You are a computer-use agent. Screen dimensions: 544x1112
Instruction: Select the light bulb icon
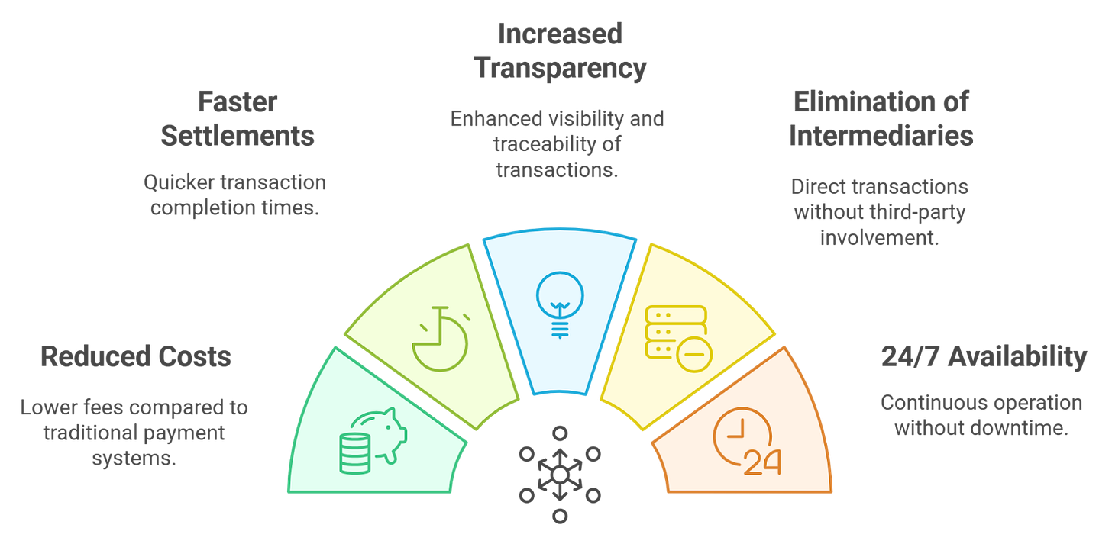tap(560, 301)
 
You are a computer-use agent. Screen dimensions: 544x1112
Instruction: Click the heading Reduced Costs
tap(134, 356)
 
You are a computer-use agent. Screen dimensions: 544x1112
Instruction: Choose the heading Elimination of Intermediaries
tap(881, 117)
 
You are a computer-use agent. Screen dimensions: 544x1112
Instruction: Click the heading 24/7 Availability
tap(984, 356)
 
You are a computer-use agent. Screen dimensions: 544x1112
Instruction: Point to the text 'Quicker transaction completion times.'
tap(234, 194)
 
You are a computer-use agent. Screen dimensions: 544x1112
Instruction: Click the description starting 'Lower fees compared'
tap(134, 433)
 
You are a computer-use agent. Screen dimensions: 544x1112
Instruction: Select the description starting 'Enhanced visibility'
tap(557, 145)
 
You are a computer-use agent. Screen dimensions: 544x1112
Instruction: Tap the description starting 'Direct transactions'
tap(880, 212)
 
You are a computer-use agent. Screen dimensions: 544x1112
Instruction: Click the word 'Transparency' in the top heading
tap(560, 67)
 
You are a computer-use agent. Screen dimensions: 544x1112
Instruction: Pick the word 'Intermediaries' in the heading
tap(881, 135)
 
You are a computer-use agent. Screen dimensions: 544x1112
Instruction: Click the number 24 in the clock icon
tap(761, 462)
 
